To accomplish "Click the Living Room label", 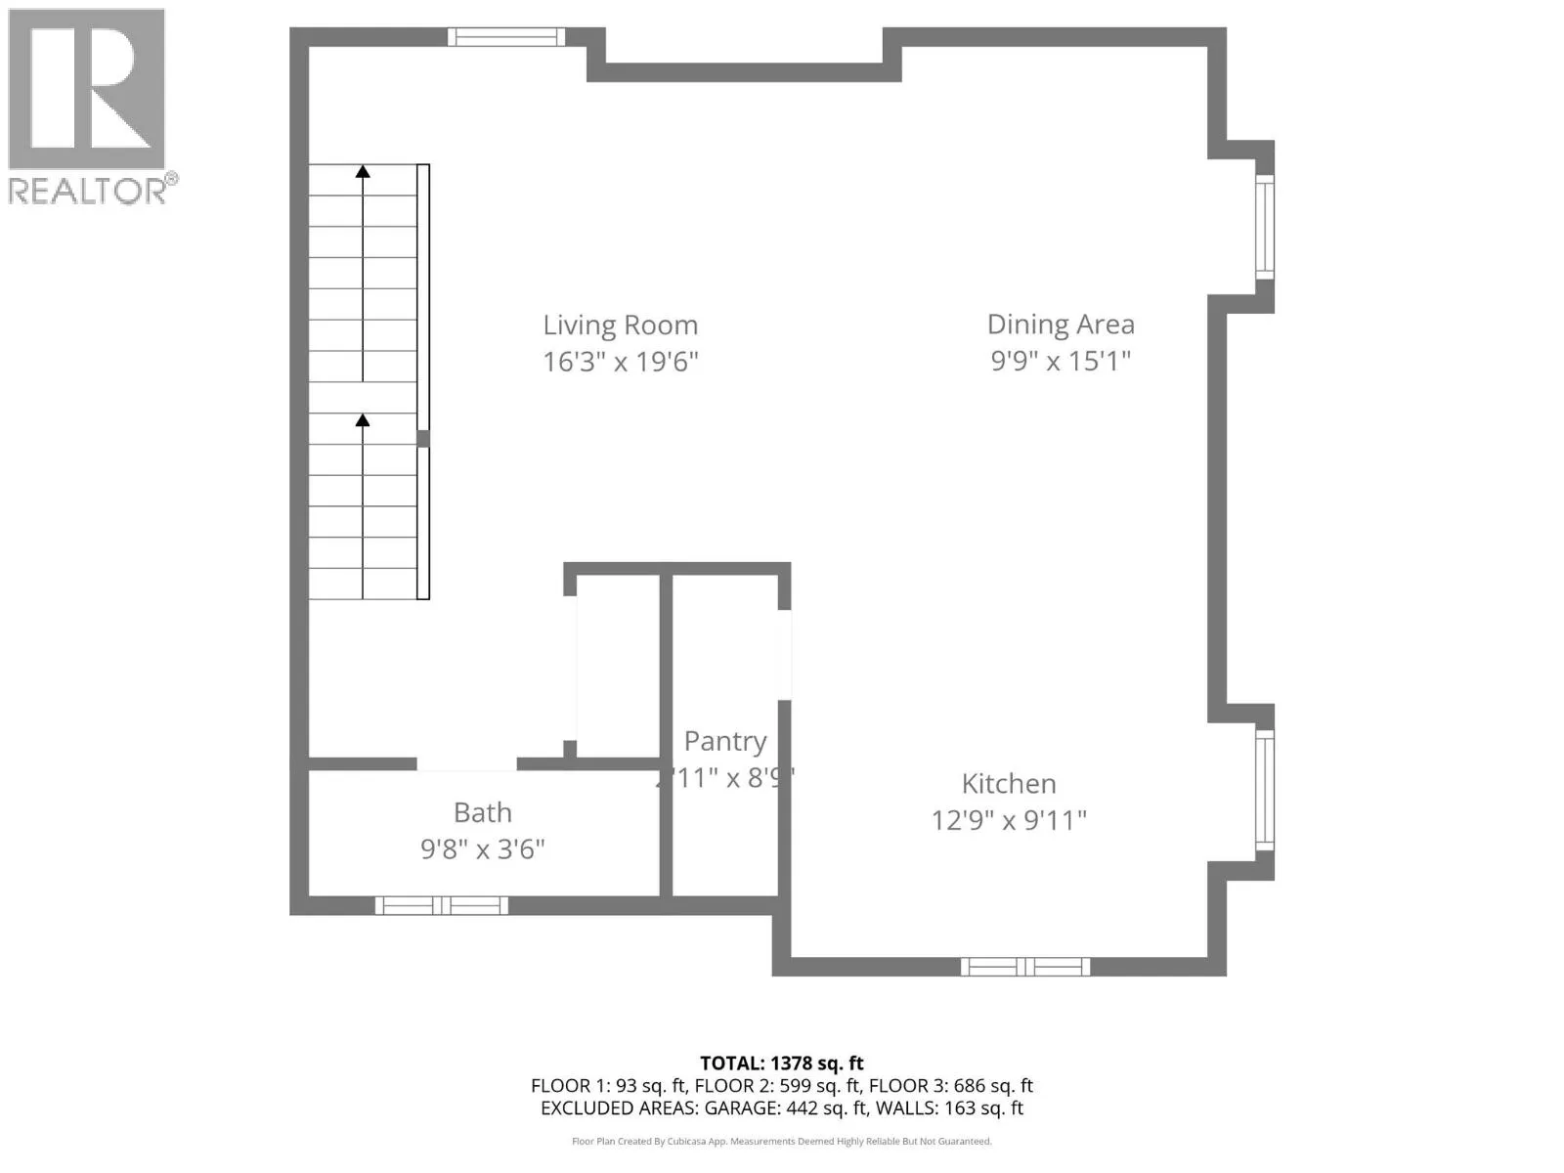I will click(x=620, y=326).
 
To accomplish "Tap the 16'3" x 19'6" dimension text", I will click(x=620, y=362).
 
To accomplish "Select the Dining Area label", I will click(x=1061, y=325).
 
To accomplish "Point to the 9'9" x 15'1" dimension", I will click(x=1061, y=361).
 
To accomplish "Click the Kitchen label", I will click(x=1009, y=784).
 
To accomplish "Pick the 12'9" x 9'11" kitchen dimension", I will click(x=1009, y=820).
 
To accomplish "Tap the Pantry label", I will click(x=724, y=742).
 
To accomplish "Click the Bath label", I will click(x=482, y=813).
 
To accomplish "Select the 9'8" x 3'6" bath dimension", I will click(x=482, y=849).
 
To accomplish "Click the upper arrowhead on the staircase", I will click(x=363, y=172).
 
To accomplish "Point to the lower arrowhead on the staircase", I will click(x=363, y=420).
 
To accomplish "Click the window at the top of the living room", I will click(x=506, y=37).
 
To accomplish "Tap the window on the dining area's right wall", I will click(x=1264, y=227).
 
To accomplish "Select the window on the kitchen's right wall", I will click(x=1264, y=790).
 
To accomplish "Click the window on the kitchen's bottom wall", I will click(x=1024, y=967).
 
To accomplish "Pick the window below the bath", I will click(x=442, y=905).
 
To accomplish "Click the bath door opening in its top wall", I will click(x=466, y=763).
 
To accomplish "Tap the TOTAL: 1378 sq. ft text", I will click(x=781, y=1064).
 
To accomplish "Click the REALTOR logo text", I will click(x=88, y=191).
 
